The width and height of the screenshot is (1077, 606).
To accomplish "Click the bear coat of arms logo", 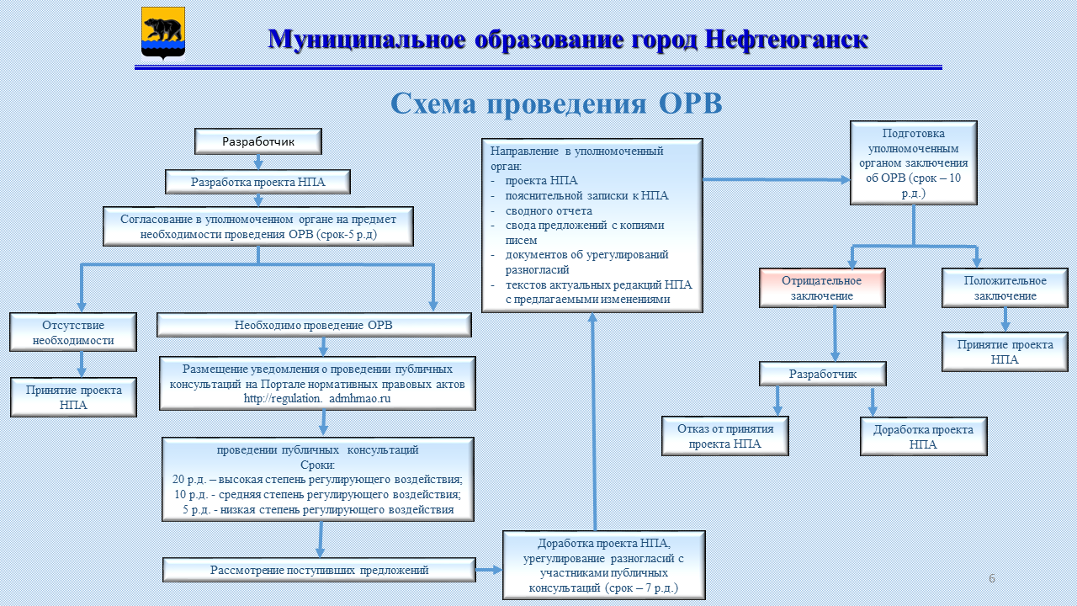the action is [163, 33].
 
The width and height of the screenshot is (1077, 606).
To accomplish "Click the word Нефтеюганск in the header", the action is [786, 40].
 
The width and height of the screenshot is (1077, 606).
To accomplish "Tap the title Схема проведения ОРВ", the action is [556, 104].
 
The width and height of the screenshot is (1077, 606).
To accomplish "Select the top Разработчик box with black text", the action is [258, 141].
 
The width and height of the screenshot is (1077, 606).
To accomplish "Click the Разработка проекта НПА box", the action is [257, 182].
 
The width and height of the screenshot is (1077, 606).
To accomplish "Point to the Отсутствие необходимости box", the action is [73, 332].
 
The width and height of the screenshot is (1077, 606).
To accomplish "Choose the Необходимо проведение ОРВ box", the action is [314, 325].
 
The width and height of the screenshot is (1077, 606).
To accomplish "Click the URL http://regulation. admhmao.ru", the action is [317, 399].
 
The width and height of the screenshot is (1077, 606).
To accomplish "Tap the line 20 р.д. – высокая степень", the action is [317, 480].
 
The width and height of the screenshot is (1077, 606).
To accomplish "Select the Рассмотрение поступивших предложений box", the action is [319, 570].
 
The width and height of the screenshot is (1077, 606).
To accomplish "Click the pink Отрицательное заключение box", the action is [822, 288].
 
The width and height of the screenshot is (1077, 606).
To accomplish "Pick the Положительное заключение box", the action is [1005, 288].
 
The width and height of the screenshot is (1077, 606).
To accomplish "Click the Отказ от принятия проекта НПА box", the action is [725, 436].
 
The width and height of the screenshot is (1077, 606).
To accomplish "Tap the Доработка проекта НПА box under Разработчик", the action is [924, 437].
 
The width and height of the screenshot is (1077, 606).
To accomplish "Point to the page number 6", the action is [992, 578].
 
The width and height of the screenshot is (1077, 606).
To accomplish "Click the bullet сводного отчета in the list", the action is [549, 210].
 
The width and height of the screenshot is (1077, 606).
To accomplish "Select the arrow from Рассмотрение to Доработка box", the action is [489, 570].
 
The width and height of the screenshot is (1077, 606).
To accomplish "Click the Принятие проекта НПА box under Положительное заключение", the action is [1005, 352].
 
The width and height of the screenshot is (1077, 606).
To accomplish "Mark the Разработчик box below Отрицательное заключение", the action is [823, 374].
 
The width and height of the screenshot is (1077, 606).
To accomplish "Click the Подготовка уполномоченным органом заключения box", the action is [914, 163].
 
